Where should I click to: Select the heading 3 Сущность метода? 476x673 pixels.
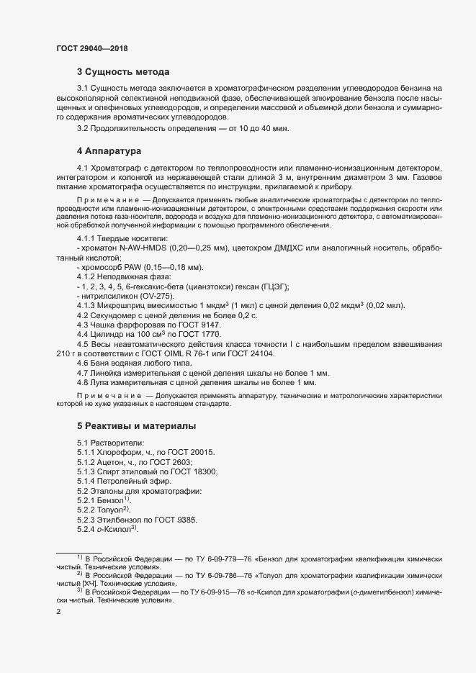(x=123, y=72)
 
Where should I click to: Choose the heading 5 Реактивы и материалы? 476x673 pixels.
(x=136, y=427)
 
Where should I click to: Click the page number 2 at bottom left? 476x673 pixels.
(x=58, y=612)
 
